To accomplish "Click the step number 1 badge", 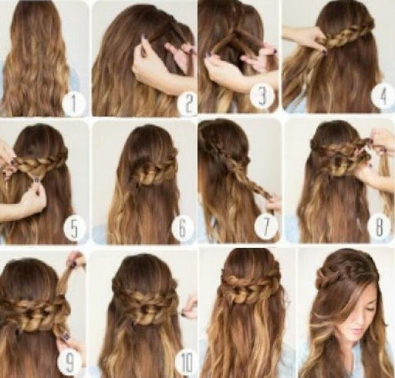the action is click(74, 104).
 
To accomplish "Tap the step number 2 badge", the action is click(188, 104).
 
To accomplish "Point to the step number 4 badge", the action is click(383, 96).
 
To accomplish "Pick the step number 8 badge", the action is click(379, 226).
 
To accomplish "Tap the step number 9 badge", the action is click(69, 361).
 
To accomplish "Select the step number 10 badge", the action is click(187, 361).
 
